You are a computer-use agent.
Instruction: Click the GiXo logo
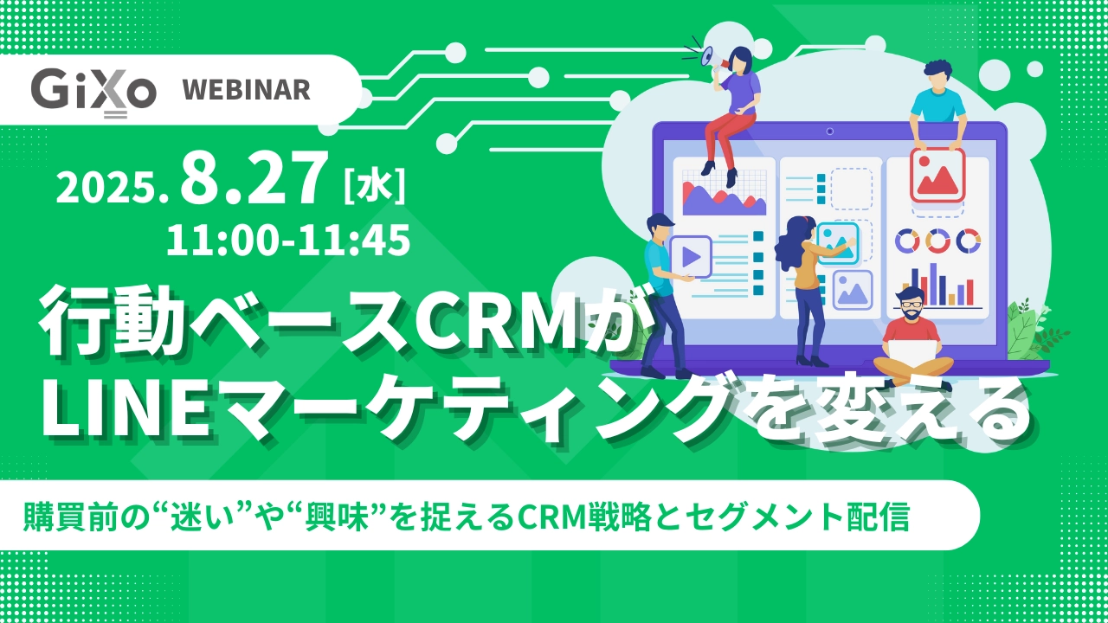(93, 92)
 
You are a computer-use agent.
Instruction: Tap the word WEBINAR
(247, 90)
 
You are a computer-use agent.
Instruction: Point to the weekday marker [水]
(375, 185)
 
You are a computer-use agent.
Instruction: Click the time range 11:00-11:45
(288, 241)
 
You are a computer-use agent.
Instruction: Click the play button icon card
(691, 257)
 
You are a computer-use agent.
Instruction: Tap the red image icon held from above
(937, 176)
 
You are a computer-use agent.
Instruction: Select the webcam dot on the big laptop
(829, 131)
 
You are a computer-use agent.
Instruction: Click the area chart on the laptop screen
(725, 198)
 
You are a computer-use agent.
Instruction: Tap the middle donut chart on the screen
(937, 241)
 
